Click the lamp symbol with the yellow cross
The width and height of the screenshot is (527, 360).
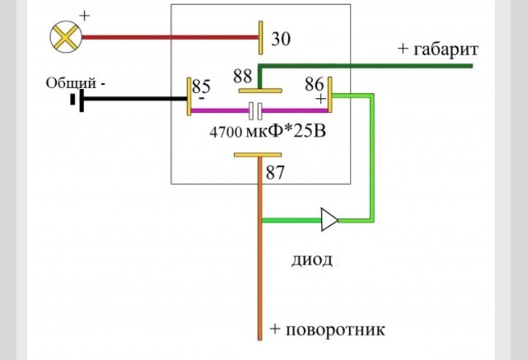(x=66, y=36)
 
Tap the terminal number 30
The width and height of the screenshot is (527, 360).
(x=281, y=39)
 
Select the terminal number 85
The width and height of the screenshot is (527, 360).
(x=201, y=86)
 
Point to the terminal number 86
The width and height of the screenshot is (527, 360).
(x=315, y=84)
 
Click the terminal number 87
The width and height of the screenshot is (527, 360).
(x=275, y=172)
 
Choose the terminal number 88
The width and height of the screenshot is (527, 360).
(x=243, y=76)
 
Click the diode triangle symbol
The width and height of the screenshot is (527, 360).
(x=329, y=220)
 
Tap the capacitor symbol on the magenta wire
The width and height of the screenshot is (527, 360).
(x=255, y=111)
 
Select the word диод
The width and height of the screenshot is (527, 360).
(x=312, y=260)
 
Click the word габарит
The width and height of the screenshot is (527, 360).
(x=445, y=49)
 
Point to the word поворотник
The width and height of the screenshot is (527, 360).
(x=335, y=330)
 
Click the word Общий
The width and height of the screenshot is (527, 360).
(x=72, y=83)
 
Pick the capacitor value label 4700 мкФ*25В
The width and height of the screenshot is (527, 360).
(x=268, y=132)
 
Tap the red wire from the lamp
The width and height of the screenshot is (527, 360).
(x=170, y=37)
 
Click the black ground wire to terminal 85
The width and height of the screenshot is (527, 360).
(x=135, y=99)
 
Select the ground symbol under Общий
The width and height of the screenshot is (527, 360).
(x=77, y=100)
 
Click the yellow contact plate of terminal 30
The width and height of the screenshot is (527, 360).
(x=261, y=37)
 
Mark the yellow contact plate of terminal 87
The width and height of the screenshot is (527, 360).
(x=258, y=155)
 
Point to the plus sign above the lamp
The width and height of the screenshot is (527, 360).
(x=84, y=16)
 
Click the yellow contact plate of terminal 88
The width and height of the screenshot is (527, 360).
(x=260, y=91)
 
